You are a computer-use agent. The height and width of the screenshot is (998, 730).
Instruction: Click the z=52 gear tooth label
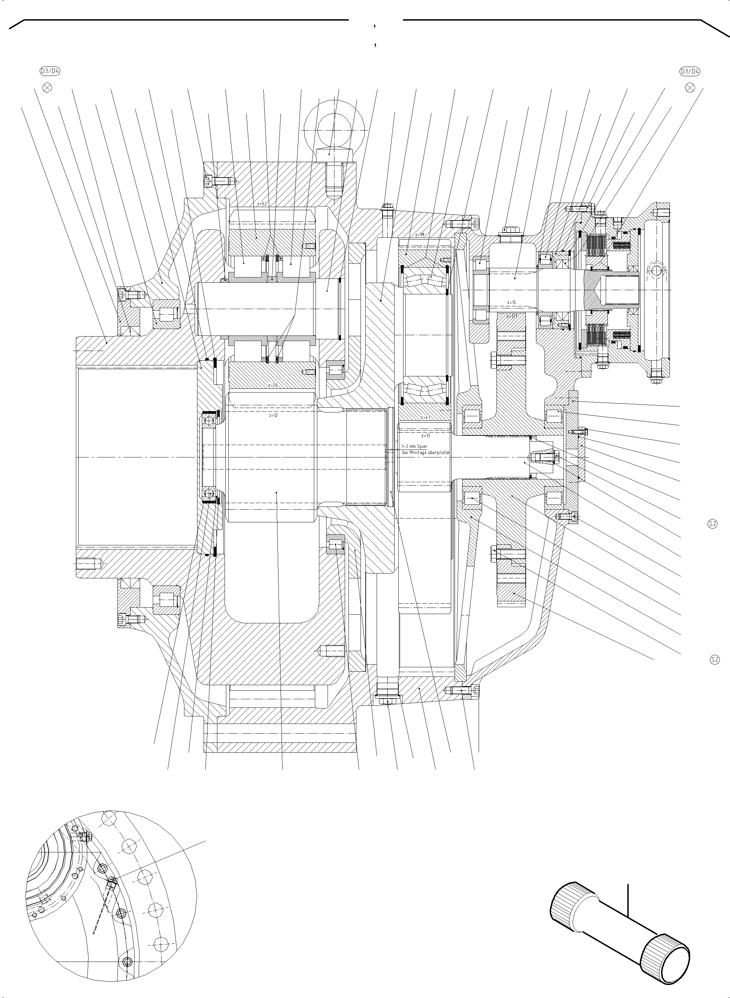(x=262, y=204)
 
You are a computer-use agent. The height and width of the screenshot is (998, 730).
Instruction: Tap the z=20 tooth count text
(x=273, y=385)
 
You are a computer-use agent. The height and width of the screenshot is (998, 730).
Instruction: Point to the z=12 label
(x=273, y=416)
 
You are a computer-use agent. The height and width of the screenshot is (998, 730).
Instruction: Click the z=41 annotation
(x=425, y=417)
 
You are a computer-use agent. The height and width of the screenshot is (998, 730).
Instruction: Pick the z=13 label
(x=425, y=435)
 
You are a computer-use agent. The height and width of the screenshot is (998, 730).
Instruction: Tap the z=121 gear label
(x=511, y=316)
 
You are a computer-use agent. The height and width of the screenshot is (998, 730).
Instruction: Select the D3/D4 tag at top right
(x=689, y=71)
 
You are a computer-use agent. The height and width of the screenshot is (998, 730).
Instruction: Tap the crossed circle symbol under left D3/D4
(x=47, y=87)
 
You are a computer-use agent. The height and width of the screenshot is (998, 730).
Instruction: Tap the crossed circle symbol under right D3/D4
(x=689, y=87)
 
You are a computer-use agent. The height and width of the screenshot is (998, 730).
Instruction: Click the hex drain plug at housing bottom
(x=388, y=697)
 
